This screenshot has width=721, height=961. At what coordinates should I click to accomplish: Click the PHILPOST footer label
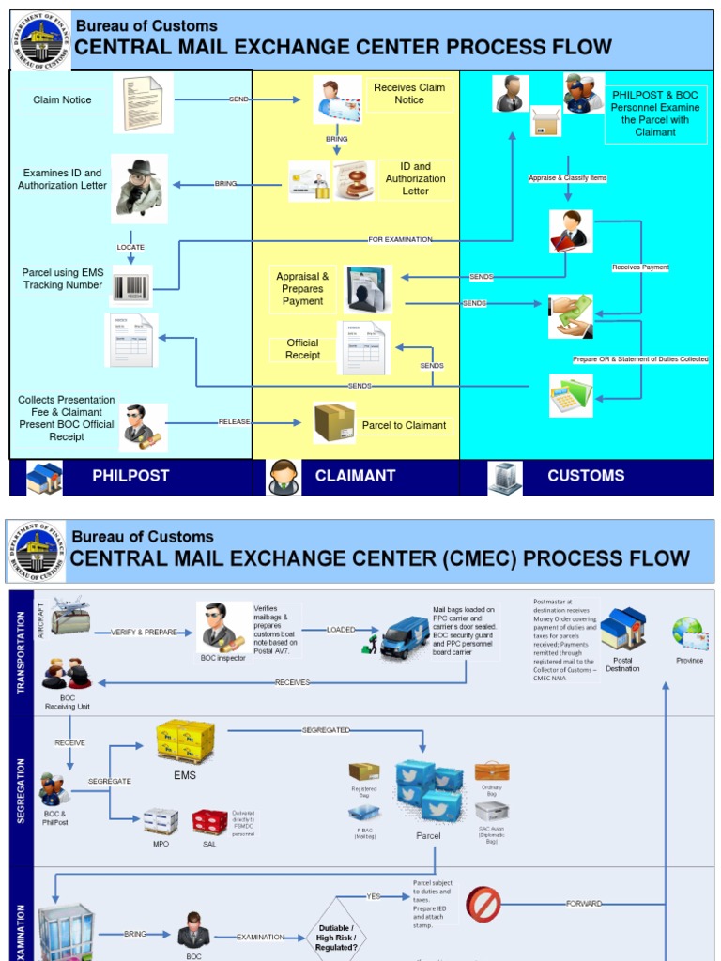(x=130, y=476)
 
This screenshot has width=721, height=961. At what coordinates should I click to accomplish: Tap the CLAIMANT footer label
(x=355, y=476)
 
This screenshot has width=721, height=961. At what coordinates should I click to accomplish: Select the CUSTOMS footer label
(x=586, y=476)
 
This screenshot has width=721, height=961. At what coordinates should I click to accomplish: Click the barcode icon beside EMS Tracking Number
(x=131, y=286)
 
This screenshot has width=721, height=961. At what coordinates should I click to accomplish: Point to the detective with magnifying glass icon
(x=139, y=188)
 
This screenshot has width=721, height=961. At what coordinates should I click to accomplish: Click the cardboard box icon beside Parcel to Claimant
(x=334, y=422)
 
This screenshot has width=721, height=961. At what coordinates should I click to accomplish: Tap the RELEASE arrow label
(x=235, y=422)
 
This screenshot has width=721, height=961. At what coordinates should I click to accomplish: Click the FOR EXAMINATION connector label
(x=400, y=240)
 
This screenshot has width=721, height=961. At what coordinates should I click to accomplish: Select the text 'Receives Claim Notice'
(x=409, y=94)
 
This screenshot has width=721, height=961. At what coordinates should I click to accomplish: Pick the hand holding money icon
(x=571, y=316)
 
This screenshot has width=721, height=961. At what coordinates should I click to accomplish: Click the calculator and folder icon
(x=571, y=395)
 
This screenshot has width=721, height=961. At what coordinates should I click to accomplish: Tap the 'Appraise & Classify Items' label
(x=568, y=177)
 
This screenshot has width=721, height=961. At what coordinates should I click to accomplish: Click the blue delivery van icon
(x=405, y=638)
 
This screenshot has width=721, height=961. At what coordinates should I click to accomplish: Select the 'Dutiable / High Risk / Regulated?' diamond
(x=336, y=937)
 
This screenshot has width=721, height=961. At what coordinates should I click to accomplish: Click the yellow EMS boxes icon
(x=185, y=740)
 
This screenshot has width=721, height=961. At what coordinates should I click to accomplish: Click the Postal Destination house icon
(x=623, y=629)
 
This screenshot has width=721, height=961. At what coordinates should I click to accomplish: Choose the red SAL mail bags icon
(x=209, y=821)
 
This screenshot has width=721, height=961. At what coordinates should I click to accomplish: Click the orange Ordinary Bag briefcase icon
(x=491, y=772)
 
